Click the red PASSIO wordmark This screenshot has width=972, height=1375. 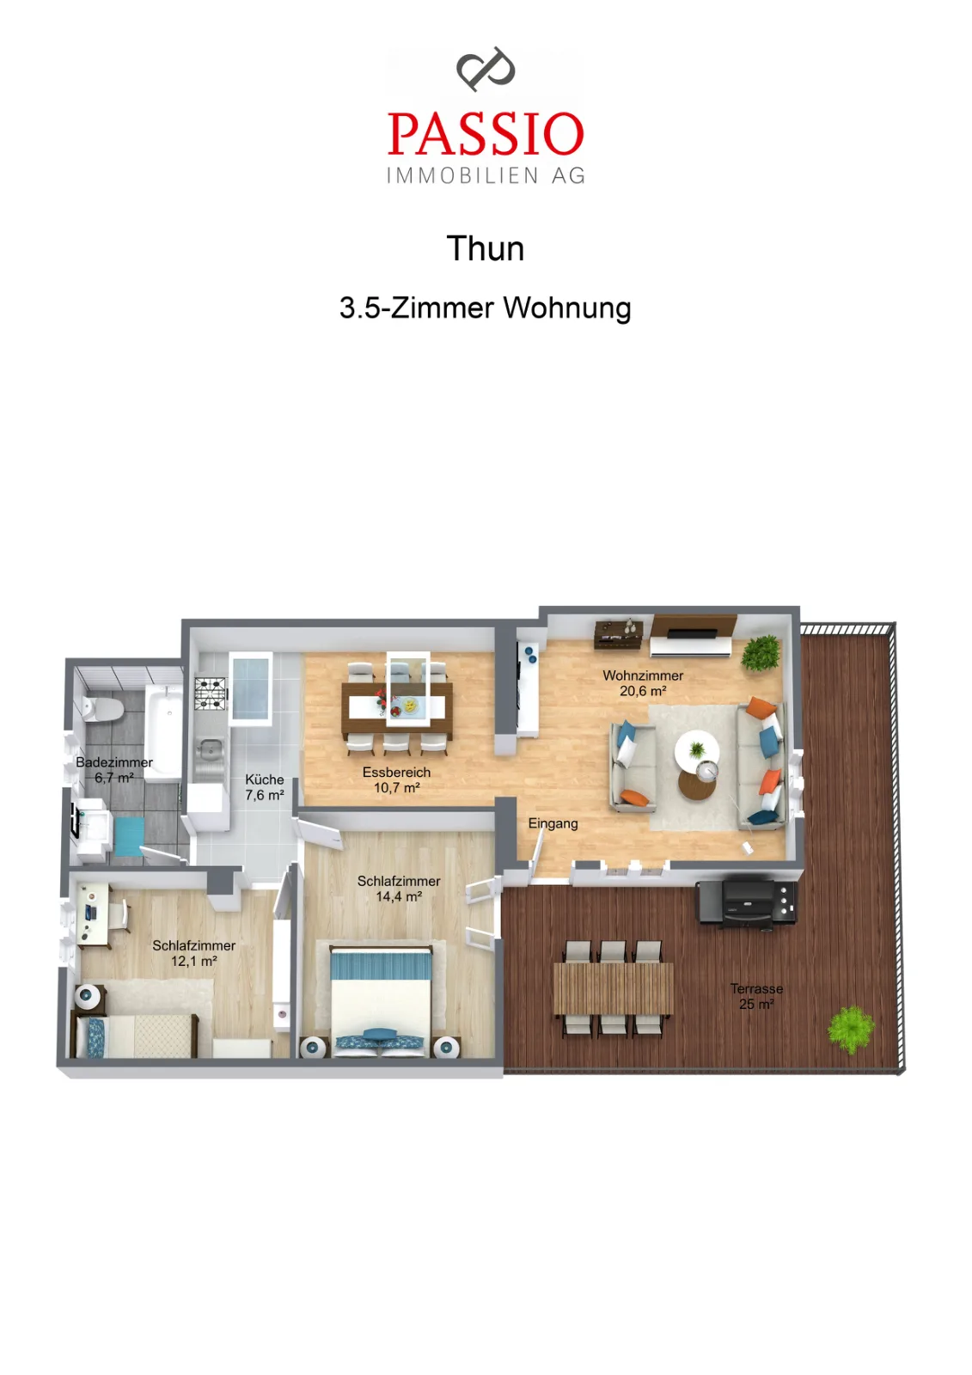point(485,133)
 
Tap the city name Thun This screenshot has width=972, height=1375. point(485,248)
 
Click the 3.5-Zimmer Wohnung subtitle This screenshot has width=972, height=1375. point(485,308)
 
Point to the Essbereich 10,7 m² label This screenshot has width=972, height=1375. point(397,780)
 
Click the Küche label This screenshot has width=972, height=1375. point(265,779)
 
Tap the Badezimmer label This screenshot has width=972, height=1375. point(114,762)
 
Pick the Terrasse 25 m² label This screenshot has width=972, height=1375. point(756,996)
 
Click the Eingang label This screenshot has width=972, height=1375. point(553,824)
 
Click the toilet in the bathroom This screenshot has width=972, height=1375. point(102,709)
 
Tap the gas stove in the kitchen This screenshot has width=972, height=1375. point(211,694)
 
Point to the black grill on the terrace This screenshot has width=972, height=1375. point(747,903)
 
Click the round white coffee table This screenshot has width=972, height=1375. point(697,749)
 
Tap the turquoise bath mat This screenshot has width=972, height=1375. point(129,836)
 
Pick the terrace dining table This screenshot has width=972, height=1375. point(613,988)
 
